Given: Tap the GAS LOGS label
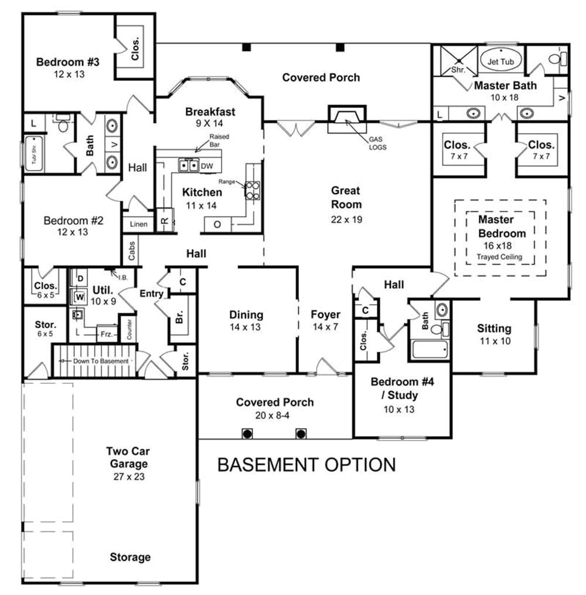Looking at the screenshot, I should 377,143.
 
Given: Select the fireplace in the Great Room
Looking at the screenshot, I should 346,119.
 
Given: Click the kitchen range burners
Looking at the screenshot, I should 253,189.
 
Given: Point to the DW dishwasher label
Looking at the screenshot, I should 206,166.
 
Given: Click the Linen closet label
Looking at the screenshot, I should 138,224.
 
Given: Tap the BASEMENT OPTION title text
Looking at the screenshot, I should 306,465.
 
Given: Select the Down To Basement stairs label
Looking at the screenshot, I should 100,361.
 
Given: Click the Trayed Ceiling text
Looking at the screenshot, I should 499,257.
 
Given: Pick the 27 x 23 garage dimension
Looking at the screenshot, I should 129,476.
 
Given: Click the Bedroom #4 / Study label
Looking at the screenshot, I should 402,388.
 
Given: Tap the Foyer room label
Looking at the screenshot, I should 325,315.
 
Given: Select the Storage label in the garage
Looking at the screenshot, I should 130,557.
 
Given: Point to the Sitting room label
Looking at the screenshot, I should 493,329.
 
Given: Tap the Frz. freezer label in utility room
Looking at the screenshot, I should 106,333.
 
